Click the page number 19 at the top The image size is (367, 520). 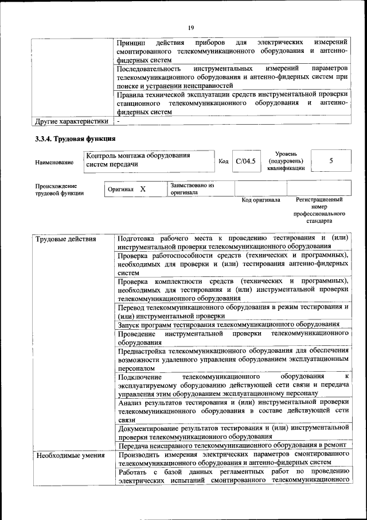(190, 27)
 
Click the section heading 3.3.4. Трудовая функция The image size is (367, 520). (76, 138)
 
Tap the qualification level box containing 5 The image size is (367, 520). (331, 161)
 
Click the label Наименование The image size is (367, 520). (54, 163)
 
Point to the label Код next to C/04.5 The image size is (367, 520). (224, 162)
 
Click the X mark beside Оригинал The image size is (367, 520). (143, 189)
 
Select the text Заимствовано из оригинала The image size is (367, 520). (192, 189)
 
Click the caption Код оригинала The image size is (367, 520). (260, 201)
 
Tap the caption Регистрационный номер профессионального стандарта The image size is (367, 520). (319, 210)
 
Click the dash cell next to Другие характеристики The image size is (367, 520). (118, 121)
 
